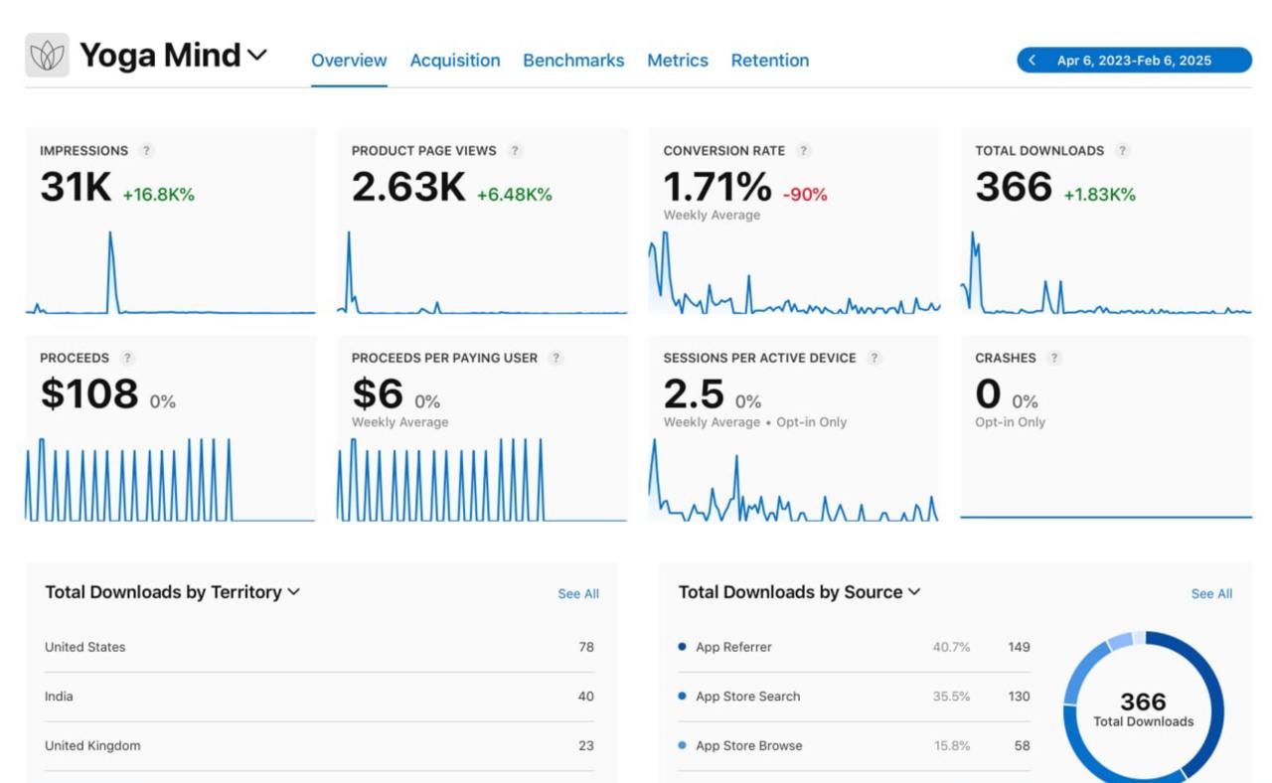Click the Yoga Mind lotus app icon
point(47,56)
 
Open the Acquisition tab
point(455,61)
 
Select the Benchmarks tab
point(573,61)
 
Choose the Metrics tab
point(678,61)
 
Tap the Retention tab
point(770,61)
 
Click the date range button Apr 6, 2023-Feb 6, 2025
point(1134,61)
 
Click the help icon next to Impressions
point(146,151)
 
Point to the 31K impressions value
point(76,188)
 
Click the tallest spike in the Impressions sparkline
point(110,235)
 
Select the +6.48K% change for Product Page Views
point(514,195)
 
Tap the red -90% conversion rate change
point(805,195)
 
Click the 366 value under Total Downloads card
point(1013,188)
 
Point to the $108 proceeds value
point(88,394)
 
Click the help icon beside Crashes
point(1054,358)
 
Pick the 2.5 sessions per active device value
point(694,394)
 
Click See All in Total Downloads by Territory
point(577,594)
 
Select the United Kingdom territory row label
point(92,745)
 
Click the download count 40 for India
point(585,697)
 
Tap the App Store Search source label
point(747,697)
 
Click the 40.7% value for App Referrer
point(951,647)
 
